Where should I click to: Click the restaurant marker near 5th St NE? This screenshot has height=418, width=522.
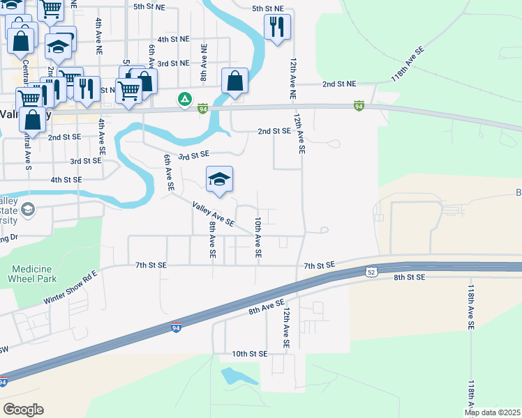tap(277, 28)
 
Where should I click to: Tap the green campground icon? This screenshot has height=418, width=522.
tap(185, 100)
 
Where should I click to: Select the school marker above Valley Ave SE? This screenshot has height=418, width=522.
tap(219, 181)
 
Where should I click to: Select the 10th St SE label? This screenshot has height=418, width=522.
tap(250, 354)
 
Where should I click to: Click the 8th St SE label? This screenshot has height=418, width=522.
tap(409, 277)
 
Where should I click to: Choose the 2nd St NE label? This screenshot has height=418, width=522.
tap(339, 84)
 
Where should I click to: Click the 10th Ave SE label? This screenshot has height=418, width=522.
tap(258, 238)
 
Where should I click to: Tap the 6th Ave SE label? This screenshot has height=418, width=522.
tap(168, 173)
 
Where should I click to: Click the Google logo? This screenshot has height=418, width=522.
tap(24, 410)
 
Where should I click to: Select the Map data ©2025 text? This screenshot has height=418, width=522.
tap(493, 412)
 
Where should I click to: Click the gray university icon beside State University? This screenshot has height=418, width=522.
tap(28, 210)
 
